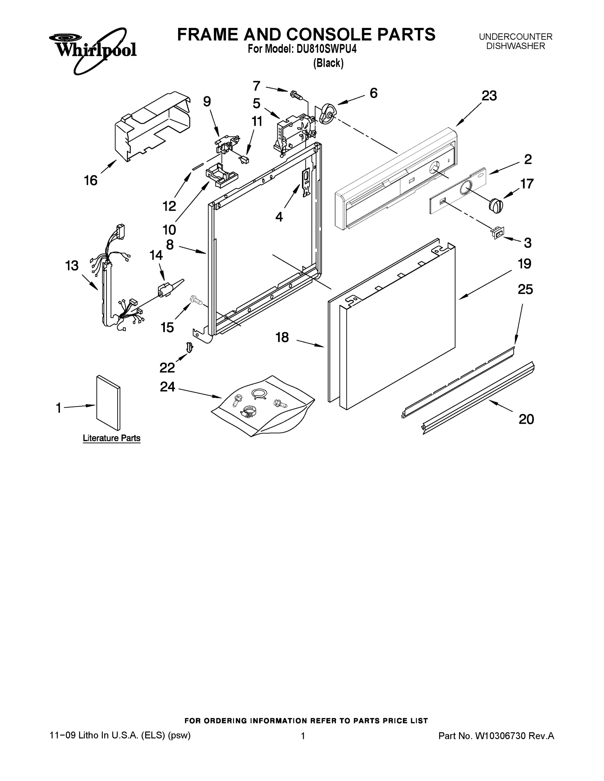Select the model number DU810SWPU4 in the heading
[326, 48]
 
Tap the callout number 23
[489, 96]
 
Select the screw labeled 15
[196, 300]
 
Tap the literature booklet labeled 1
[108, 403]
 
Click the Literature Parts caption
[111, 438]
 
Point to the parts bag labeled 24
[263, 406]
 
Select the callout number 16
[91, 180]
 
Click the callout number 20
[526, 419]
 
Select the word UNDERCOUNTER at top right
[516, 36]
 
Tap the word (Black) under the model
[328, 63]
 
